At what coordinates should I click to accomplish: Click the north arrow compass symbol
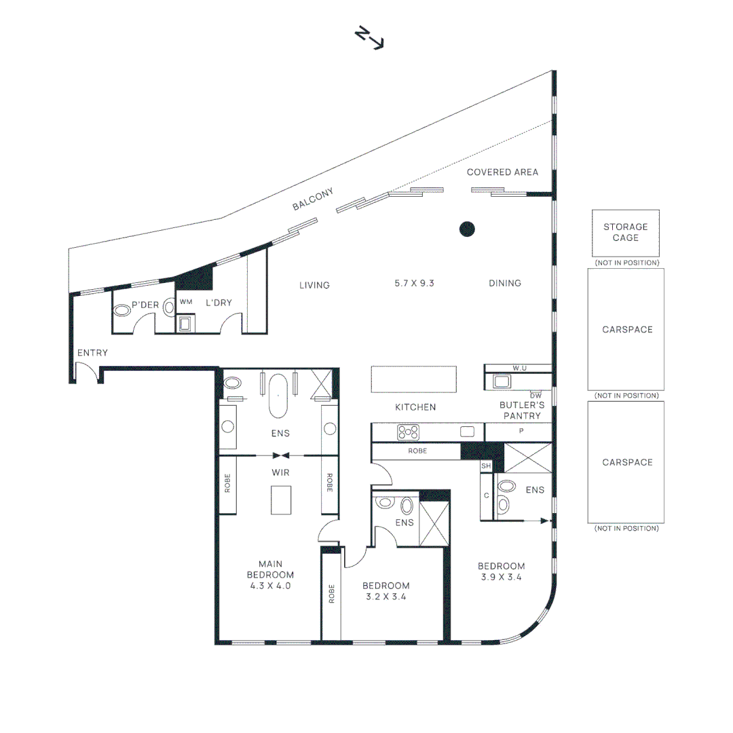370,38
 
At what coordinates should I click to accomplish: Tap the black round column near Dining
467,229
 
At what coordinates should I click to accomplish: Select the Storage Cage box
625,233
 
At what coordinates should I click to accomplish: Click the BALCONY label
314,200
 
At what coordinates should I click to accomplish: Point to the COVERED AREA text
502,172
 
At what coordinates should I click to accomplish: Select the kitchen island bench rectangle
413,379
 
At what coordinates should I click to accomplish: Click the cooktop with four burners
408,432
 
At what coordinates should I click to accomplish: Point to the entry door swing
86,372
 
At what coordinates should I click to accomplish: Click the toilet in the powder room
122,310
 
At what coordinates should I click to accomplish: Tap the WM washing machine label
186,301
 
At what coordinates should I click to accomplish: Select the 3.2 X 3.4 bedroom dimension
386,597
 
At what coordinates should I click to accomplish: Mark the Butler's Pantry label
520,411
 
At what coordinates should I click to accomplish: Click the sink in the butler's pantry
502,381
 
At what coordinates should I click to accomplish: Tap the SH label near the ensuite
485,466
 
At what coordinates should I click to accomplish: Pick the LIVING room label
314,285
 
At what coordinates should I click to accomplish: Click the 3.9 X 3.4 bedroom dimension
502,578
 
